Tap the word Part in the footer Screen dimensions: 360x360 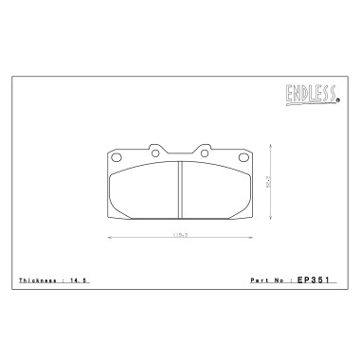(x=259, y=281)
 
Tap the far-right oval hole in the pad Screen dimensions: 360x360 (x=245, y=156)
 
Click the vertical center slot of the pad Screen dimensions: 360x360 (x=180, y=187)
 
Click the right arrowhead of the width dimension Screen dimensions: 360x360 (x=253, y=237)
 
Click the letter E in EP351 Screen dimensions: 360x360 (x=298, y=281)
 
